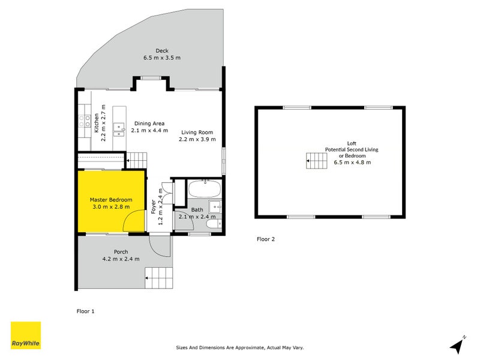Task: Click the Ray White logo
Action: [x=26, y=335]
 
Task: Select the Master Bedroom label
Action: [x=111, y=200]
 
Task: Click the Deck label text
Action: [x=161, y=50]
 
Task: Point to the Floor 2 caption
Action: [x=265, y=239]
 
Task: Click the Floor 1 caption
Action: [x=85, y=311]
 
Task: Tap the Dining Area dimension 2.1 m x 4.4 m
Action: [x=149, y=131]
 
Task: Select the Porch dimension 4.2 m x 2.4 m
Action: [x=121, y=259]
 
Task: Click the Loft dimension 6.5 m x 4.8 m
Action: [x=352, y=163]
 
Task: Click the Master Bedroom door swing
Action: [x=133, y=221]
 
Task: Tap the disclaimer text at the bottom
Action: [x=240, y=347]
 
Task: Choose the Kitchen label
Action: [x=96, y=123]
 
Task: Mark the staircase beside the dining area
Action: [x=137, y=160]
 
